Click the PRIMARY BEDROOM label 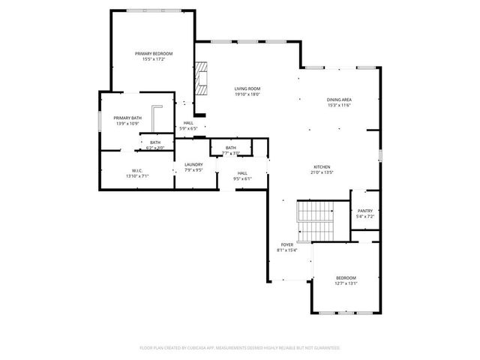coord(154,53)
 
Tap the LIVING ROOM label coord(247,88)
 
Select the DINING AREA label coord(339,99)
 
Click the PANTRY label coord(364,211)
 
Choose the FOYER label coord(287,244)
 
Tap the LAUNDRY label coord(194,164)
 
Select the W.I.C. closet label coord(136,170)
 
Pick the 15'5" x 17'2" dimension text coord(154,59)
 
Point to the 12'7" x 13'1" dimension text coord(346,283)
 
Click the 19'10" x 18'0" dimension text coord(247,94)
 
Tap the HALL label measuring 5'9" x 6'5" coord(188,123)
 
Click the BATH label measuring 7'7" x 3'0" coord(230,148)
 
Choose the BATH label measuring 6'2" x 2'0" coord(154,142)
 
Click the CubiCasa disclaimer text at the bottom coord(240,347)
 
